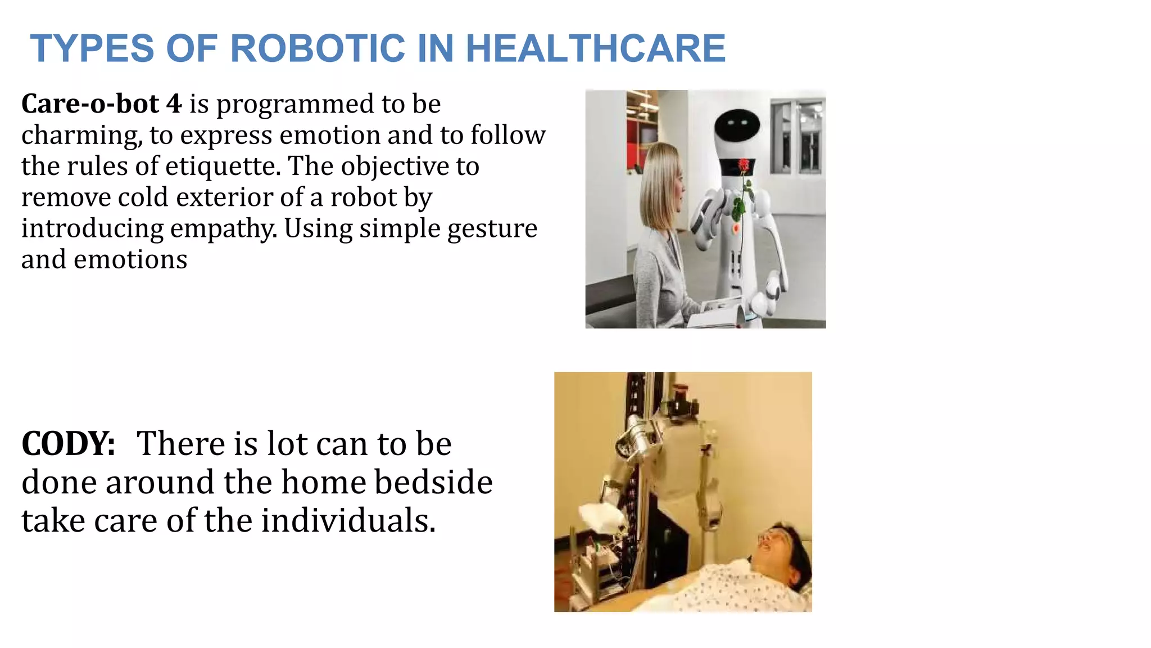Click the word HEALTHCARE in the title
(x=596, y=48)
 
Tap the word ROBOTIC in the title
(x=318, y=48)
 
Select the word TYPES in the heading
(x=92, y=48)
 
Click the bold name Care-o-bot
(x=90, y=104)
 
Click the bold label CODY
(x=68, y=444)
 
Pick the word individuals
(x=348, y=521)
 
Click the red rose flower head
(x=743, y=165)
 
